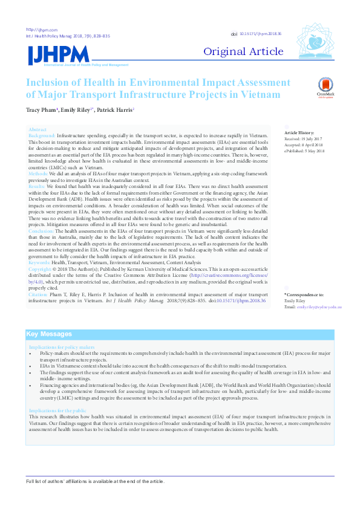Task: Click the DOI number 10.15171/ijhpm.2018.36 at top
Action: click(x=261, y=34)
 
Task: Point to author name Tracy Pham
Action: click(x=41, y=109)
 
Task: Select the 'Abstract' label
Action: click(x=38, y=130)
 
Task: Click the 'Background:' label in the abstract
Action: click(x=42, y=136)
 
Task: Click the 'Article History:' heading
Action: click(x=299, y=132)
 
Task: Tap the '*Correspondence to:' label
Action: click(x=304, y=294)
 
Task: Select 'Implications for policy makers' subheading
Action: click(x=62, y=347)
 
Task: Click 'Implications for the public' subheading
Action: click(x=59, y=410)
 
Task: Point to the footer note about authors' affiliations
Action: click(x=94, y=481)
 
